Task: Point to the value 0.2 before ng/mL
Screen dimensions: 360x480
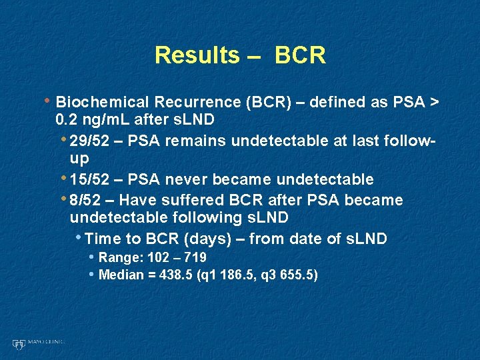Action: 67,119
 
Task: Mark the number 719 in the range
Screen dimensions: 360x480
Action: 195,258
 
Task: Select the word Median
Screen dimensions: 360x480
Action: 121,275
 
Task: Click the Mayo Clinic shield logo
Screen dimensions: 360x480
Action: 18,343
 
